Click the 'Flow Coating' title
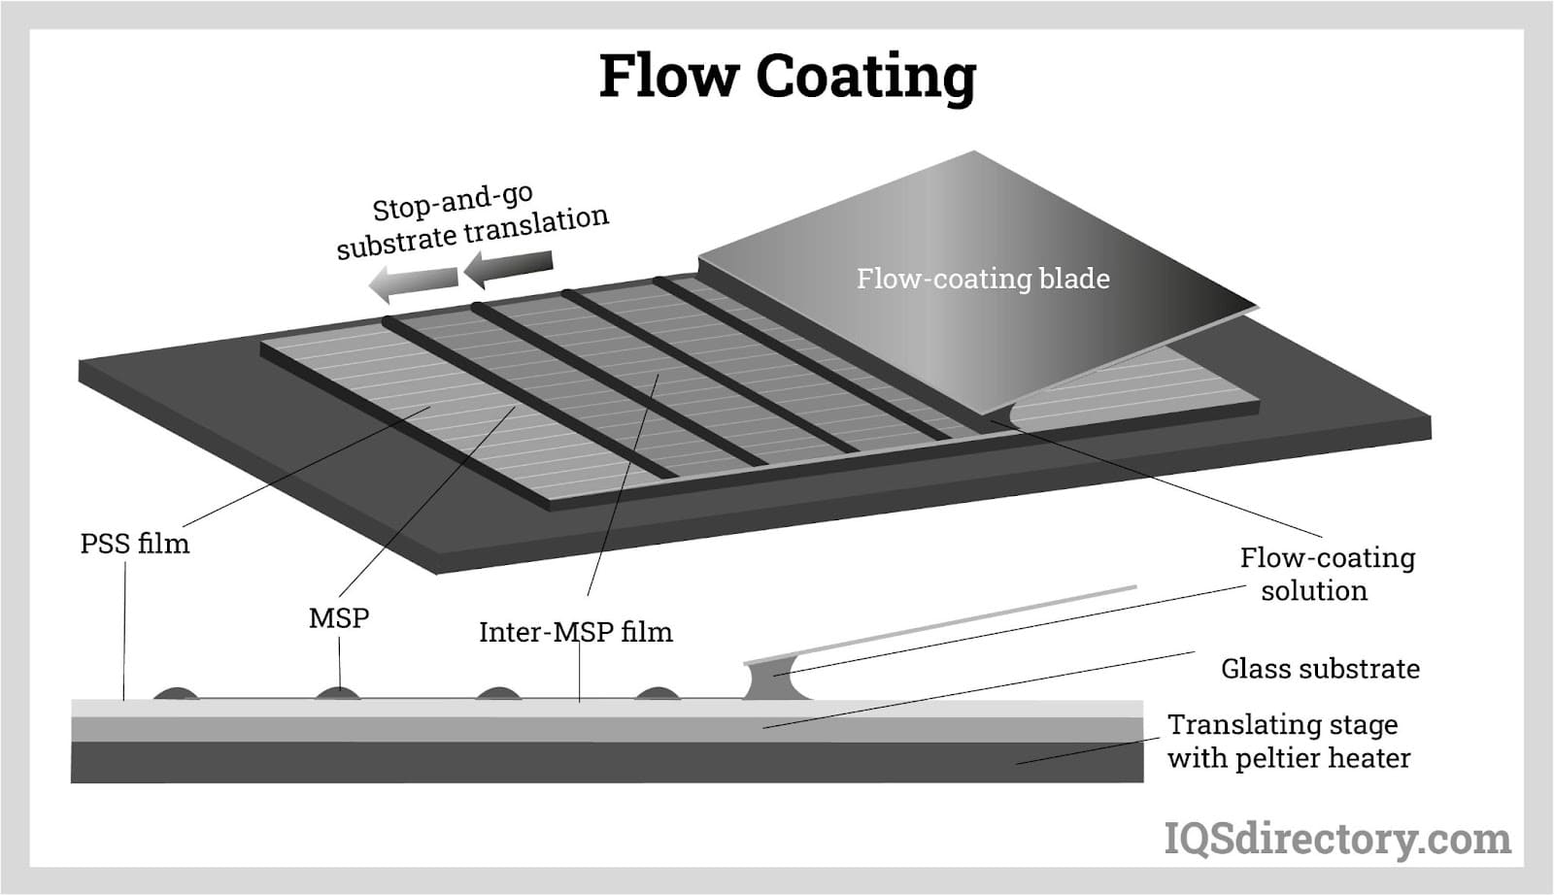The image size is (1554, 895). (787, 76)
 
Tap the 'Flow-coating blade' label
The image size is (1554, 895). (982, 280)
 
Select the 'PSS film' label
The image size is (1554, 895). (134, 544)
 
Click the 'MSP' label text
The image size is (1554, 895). (339, 618)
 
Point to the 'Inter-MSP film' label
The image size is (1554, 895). (575, 633)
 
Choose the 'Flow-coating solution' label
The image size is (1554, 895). (1326, 574)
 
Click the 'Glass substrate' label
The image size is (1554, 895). (1320, 669)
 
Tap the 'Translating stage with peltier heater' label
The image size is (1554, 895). (1287, 741)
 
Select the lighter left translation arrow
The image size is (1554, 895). (412, 282)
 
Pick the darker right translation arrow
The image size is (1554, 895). (507, 267)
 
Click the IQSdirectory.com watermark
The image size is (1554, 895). (1336, 839)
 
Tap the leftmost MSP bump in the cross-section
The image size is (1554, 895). (176, 693)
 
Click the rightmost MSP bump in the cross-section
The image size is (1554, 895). (658, 693)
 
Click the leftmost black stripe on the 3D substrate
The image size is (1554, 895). (529, 397)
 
